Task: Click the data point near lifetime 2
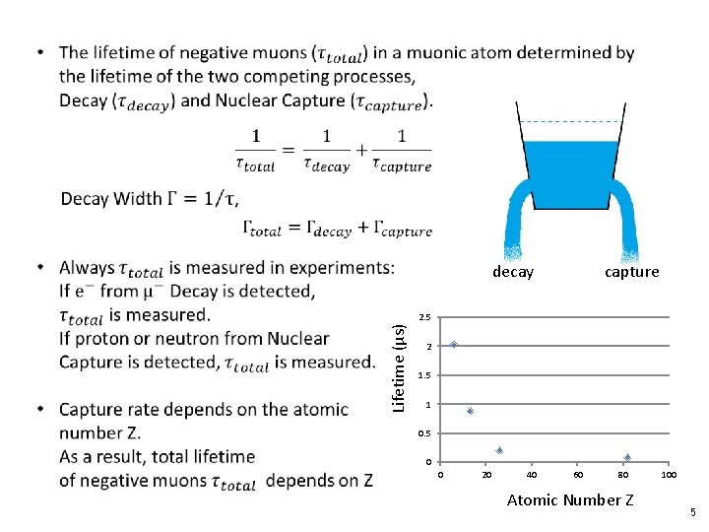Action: (x=454, y=345)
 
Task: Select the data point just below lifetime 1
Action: (x=471, y=411)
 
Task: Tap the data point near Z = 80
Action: (x=627, y=457)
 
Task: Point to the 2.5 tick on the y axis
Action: (x=424, y=318)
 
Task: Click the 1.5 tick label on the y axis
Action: (x=424, y=376)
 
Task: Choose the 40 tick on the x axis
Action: (x=532, y=476)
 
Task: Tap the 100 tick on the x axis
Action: (x=669, y=476)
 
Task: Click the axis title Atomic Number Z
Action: (x=570, y=499)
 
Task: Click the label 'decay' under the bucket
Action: (x=513, y=272)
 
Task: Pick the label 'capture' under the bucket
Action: (x=632, y=272)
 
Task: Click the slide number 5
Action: (x=693, y=512)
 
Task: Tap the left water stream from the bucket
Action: (x=514, y=222)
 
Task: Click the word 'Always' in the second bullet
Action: (x=87, y=268)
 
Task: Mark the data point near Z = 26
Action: (x=499, y=450)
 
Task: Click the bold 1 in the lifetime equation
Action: (x=256, y=136)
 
